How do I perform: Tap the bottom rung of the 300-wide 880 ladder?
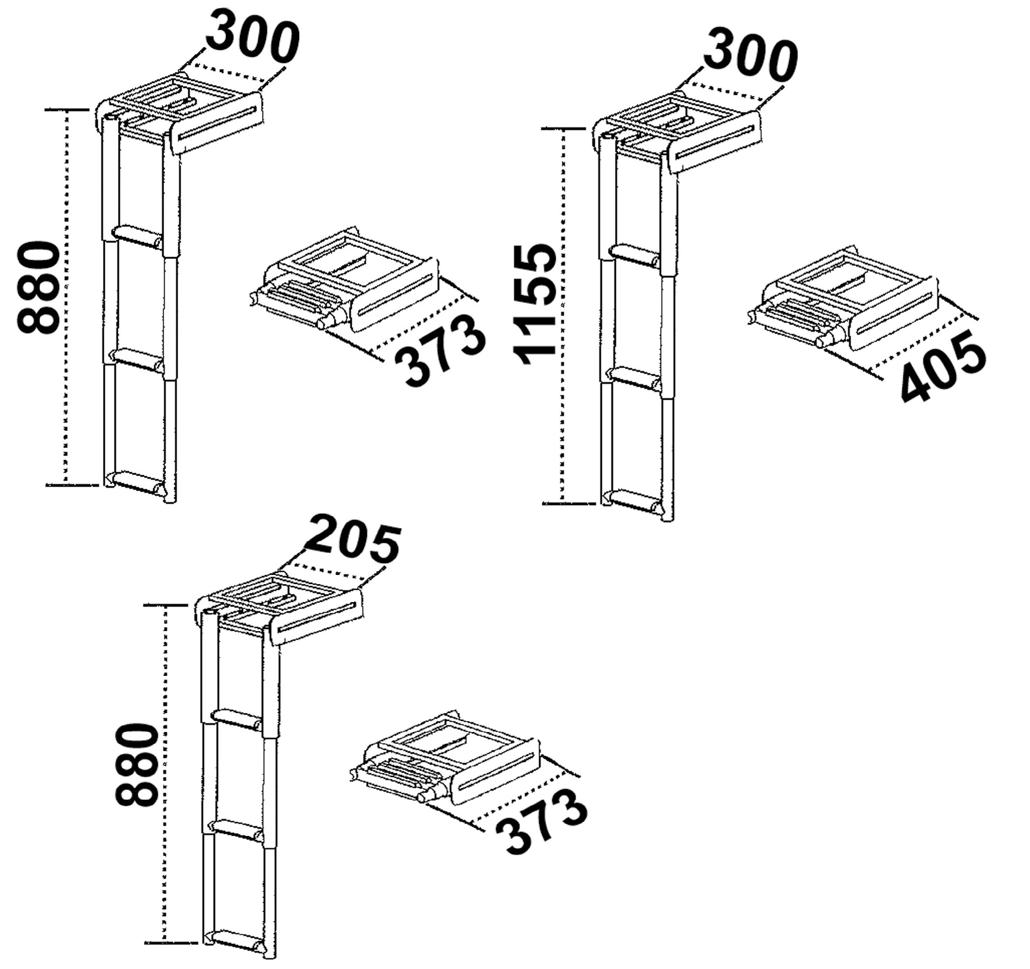click(x=137, y=482)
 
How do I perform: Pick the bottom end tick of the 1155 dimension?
click(x=569, y=503)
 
